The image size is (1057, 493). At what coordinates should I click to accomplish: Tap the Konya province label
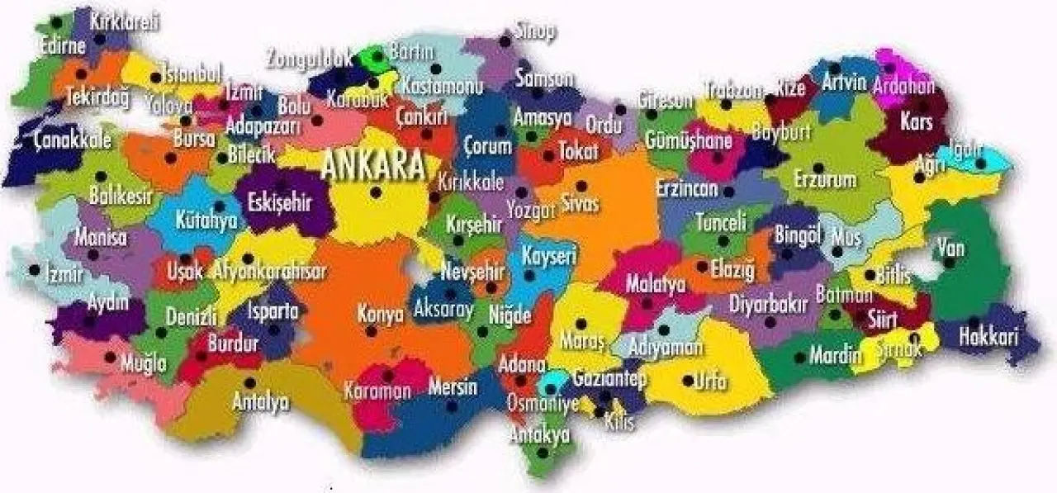point(380,314)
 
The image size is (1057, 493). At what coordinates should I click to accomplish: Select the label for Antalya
point(260,402)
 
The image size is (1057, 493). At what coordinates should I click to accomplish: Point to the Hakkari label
point(988,336)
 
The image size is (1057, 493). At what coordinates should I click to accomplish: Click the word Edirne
point(62,46)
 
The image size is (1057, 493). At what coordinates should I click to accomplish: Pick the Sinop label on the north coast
point(535,31)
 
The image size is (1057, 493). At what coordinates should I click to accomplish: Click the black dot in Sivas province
point(581,186)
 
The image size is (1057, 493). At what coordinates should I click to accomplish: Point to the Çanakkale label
point(72,140)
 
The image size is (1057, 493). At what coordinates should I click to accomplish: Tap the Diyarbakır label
point(767,303)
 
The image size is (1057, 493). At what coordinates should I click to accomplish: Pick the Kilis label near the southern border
point(619,422)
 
